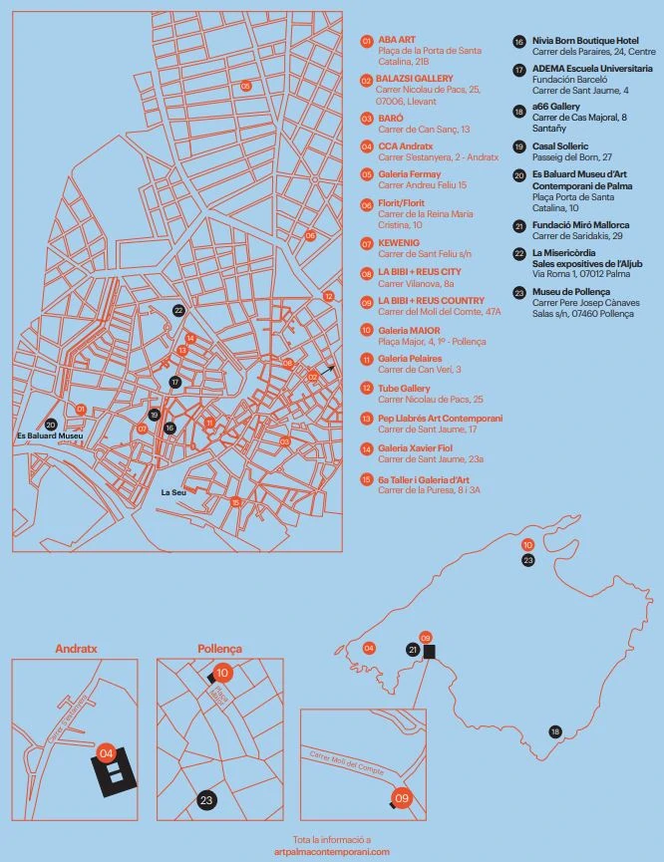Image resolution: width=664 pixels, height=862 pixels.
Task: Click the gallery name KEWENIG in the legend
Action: click(399, 242)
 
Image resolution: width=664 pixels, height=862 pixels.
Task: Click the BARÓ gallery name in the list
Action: click(390, 118)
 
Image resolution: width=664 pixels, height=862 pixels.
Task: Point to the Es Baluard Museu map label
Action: click(49, 436)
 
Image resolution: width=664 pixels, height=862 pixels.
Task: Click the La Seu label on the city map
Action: click(173, 492)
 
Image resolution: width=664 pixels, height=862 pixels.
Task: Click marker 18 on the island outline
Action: click(555, 731)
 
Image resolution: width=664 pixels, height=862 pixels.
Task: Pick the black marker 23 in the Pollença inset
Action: click(206, 799)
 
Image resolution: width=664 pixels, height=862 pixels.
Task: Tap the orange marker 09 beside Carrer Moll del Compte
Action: click(403, 797)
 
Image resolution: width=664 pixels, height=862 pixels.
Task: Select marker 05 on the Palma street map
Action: click(245, 86)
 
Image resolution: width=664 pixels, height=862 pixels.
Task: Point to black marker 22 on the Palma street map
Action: click(178, 311)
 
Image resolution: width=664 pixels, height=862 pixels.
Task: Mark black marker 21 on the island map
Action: click(412, 649)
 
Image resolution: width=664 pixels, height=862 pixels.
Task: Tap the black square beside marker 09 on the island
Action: click(430, 652)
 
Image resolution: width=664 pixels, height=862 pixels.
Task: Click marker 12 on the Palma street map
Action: click(328, 296)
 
